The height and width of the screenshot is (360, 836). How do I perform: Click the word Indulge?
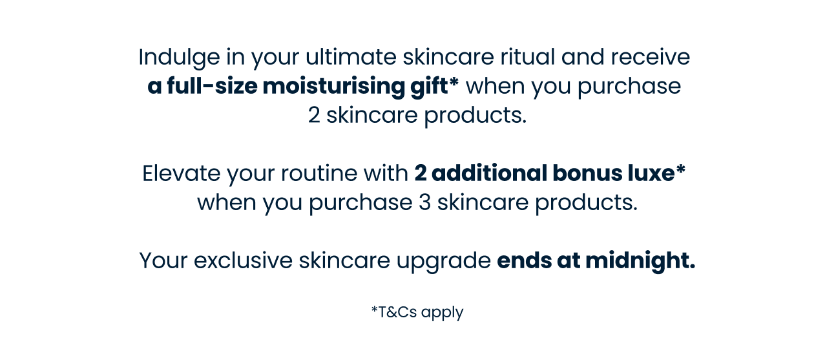click(x=179, y=58)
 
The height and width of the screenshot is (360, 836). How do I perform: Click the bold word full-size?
click(x=212, y=85)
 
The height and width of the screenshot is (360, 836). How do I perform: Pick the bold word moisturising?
click(x=333, y=87)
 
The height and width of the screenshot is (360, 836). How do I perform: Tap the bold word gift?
click(x=429, y=87)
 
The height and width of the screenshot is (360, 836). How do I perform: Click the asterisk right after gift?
click(x=454, y=82)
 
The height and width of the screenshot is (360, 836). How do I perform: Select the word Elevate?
click(x=181, y=173)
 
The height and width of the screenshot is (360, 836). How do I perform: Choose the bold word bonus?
click(x=587, y=173)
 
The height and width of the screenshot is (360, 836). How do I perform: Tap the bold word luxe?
click(x=651, y=173)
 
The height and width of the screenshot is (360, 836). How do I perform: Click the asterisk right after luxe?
click(x=681, y=169)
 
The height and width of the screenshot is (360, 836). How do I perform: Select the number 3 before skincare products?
click(x=424, y=202)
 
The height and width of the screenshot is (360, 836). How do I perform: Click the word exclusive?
click(x=243, y=260)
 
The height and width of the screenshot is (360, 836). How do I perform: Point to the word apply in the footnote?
click(x=443, y=313)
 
